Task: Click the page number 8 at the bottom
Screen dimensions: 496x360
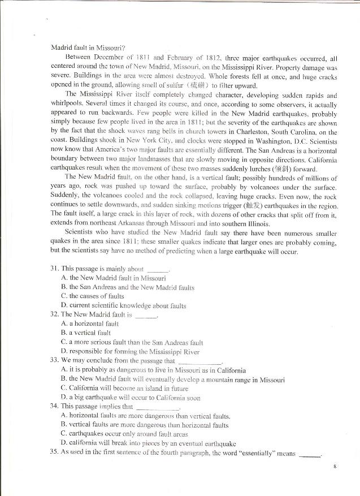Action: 335,467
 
